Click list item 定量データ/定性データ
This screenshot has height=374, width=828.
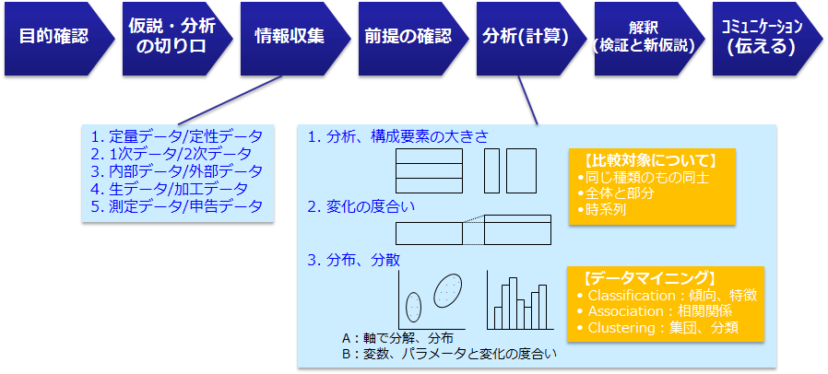coord(176,137)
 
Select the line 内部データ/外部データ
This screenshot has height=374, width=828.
coord(176,171)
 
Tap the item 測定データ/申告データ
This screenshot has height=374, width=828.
coord(176,206)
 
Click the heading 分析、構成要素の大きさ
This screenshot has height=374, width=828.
coord(398,137)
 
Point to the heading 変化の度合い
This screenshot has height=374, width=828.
coord(361,207)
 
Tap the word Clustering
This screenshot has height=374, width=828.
coord(621,328)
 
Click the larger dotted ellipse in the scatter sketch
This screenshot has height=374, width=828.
coord(447,291)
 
